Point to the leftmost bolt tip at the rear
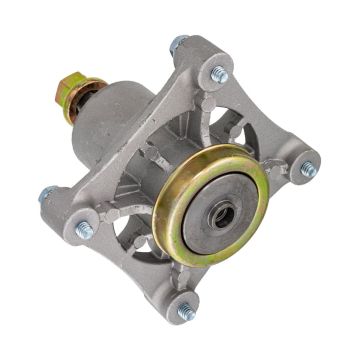[x=45, y=194]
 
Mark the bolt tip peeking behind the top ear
[x=178, y=45]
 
